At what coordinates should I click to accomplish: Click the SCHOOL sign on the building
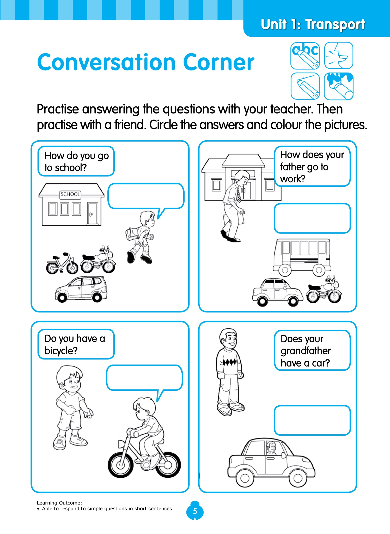click(x=70, y=194)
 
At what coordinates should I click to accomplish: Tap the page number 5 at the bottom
click(x=195, y=511)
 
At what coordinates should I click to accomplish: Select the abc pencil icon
click(x=305, y=56)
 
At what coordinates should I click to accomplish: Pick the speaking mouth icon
click(x=339, y=56)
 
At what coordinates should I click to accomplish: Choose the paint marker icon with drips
click(x=339, y=86)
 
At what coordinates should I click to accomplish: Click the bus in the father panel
click(x=302, y=257)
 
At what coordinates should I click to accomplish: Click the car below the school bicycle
click(x=81, y=289)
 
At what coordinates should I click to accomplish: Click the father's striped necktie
click(x=238, y=195)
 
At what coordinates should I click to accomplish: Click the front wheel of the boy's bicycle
click(x=121, y=464)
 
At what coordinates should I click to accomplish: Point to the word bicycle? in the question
click(x=61, y=351)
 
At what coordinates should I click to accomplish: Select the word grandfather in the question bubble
click(x=306, y=351)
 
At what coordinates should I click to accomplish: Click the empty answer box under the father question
click(x=312, y=218)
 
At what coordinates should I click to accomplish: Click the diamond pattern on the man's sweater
click(x=229, y=362)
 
